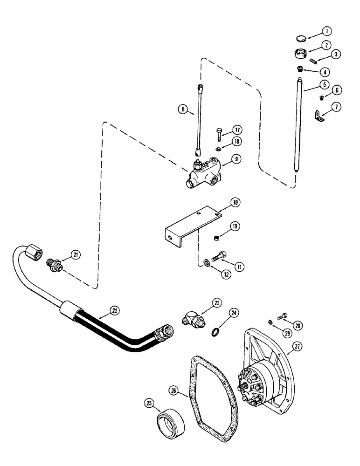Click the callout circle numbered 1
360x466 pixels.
click(x=327, y=31)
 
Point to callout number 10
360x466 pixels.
click(x=234, y=203)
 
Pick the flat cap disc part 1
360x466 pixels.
click(x=302, y=38)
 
